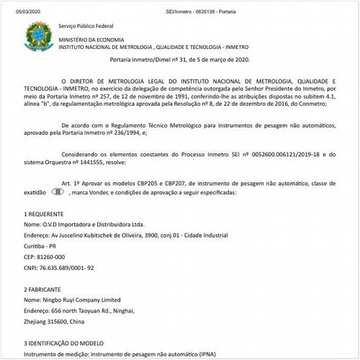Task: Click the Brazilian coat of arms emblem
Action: [34, 35]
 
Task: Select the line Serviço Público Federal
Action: [87, 26]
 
